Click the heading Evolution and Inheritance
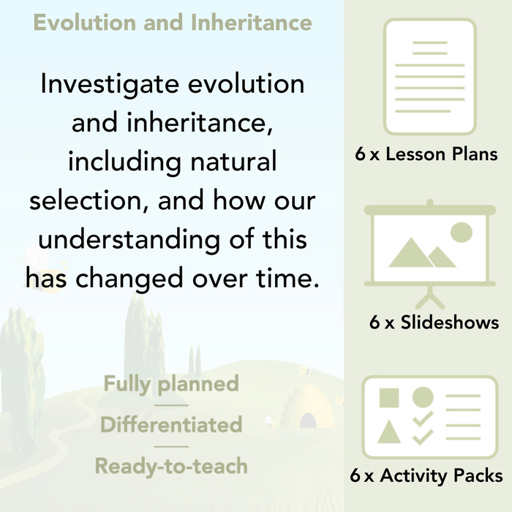(173, 22)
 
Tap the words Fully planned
(170, 383)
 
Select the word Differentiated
(170, 424)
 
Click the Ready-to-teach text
(170, 465)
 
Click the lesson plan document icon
(429, 77)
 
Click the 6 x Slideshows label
(434, 323)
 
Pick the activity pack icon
(429, 417)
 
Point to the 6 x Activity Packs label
(426, 476)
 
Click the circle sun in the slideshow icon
(460, 233)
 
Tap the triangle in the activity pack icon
(389, 433)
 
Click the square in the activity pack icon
(389, 398)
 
